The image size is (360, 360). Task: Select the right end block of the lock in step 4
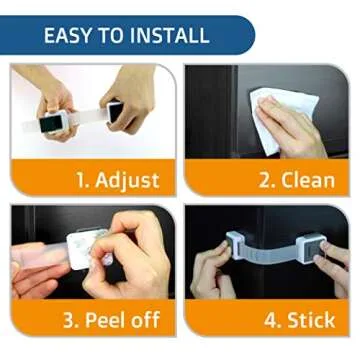tap(309, 247)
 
